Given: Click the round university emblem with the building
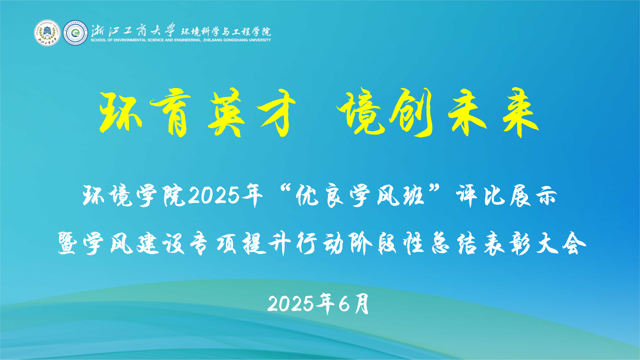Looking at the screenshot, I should [x=46, y=33].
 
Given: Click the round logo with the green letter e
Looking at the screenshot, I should [x=73, y=33].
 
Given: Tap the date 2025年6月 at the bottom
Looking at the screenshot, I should [x=319, y=301].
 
